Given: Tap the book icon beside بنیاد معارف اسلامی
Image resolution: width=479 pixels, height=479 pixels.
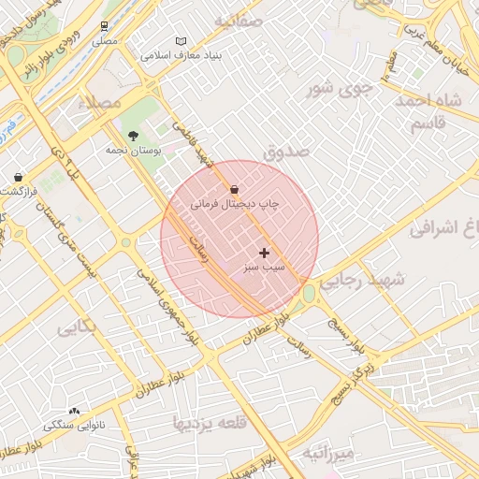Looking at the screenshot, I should point(181,41).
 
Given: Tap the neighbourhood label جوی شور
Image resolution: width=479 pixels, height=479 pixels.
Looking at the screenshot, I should point(341,90).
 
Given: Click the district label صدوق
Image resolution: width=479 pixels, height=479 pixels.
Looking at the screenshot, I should point(286,151).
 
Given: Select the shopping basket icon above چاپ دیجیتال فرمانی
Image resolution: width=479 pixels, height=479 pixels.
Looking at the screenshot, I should point(232,189).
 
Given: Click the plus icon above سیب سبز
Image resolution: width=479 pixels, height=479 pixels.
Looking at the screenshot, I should point(265,253).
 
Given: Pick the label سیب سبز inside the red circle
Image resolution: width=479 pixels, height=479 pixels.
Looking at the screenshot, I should point(265,268).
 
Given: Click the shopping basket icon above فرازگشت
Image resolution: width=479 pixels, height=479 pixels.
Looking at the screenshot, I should point(18,177).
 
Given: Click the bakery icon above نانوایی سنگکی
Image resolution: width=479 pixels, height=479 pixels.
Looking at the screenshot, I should point(74,411).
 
